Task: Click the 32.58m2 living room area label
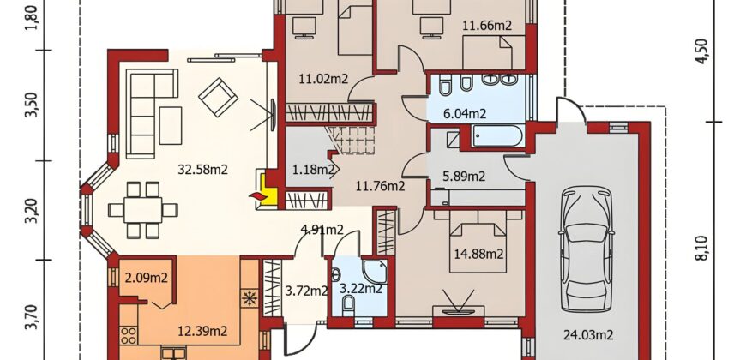(202, 170)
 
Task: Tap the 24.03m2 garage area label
(588, 335)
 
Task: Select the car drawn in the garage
(587, 249)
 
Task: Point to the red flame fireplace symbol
(256, 196)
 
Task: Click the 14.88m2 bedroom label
(478, 254)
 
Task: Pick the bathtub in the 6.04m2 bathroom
(498, 135)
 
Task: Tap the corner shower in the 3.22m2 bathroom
(375, 272)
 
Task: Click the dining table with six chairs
(143, 210)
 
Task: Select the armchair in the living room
(219, 97)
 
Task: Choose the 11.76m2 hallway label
(381, 186)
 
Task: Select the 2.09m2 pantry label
(146, 278)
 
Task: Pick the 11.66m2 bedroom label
(487, 26)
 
